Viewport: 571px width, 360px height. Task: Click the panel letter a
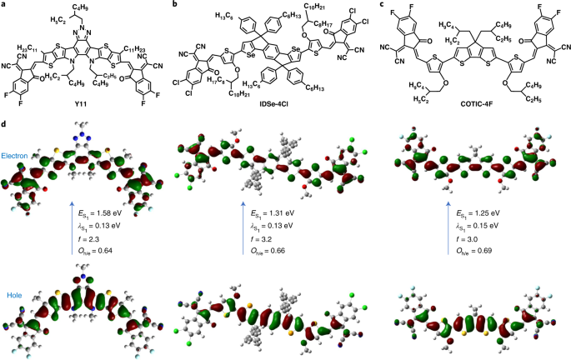[x=4, y=5]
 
